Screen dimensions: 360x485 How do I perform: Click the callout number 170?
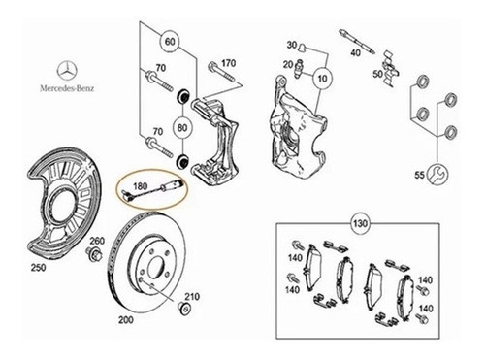coord(229,64)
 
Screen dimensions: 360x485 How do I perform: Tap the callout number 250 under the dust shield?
coord(39,266)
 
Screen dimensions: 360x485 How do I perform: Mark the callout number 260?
coord(97,241)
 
